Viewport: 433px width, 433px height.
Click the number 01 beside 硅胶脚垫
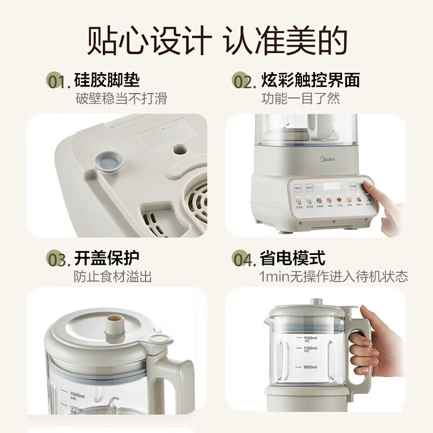[x=58, y=82]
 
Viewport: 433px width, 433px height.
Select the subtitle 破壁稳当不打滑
[x=120, y=99]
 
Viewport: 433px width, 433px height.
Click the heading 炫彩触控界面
[x=310, y=81]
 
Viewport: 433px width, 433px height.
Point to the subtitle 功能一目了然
[x=301, y=99]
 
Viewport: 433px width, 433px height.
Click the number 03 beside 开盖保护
[x=58, y=260]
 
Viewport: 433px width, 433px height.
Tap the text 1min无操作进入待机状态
[x=333, y=277]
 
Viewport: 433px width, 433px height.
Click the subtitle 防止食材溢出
[x=113, y=277]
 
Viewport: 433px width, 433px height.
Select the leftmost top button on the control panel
[x=297, y=188]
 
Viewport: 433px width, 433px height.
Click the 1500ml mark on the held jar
[x=310, y=338]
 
